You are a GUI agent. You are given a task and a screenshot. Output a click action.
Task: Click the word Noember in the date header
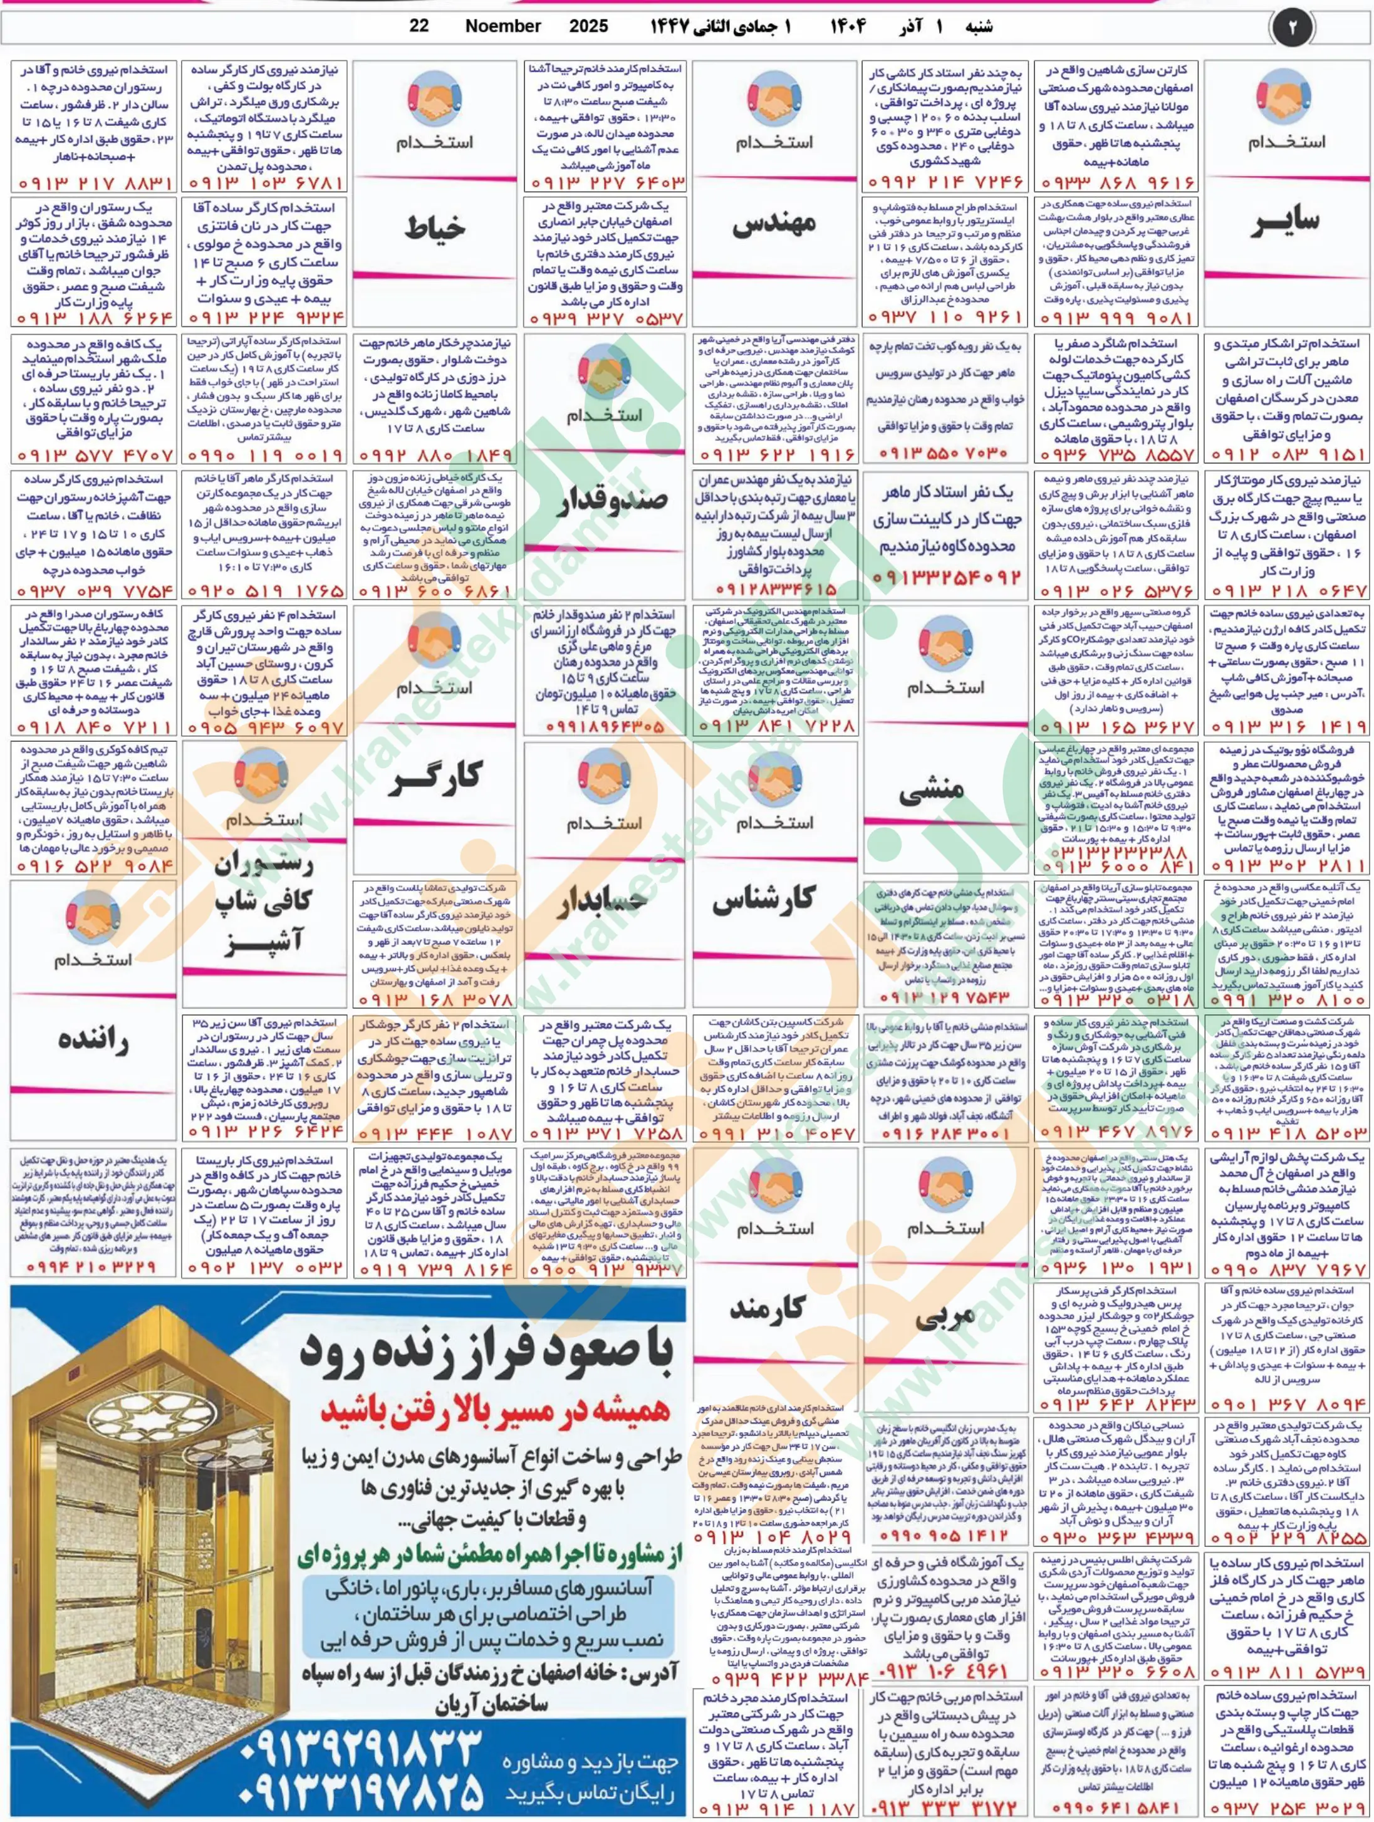(502, 26)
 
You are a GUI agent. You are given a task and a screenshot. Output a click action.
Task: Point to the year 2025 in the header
(588, 26)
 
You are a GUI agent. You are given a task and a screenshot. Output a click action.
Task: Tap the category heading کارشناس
(774, 901)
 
